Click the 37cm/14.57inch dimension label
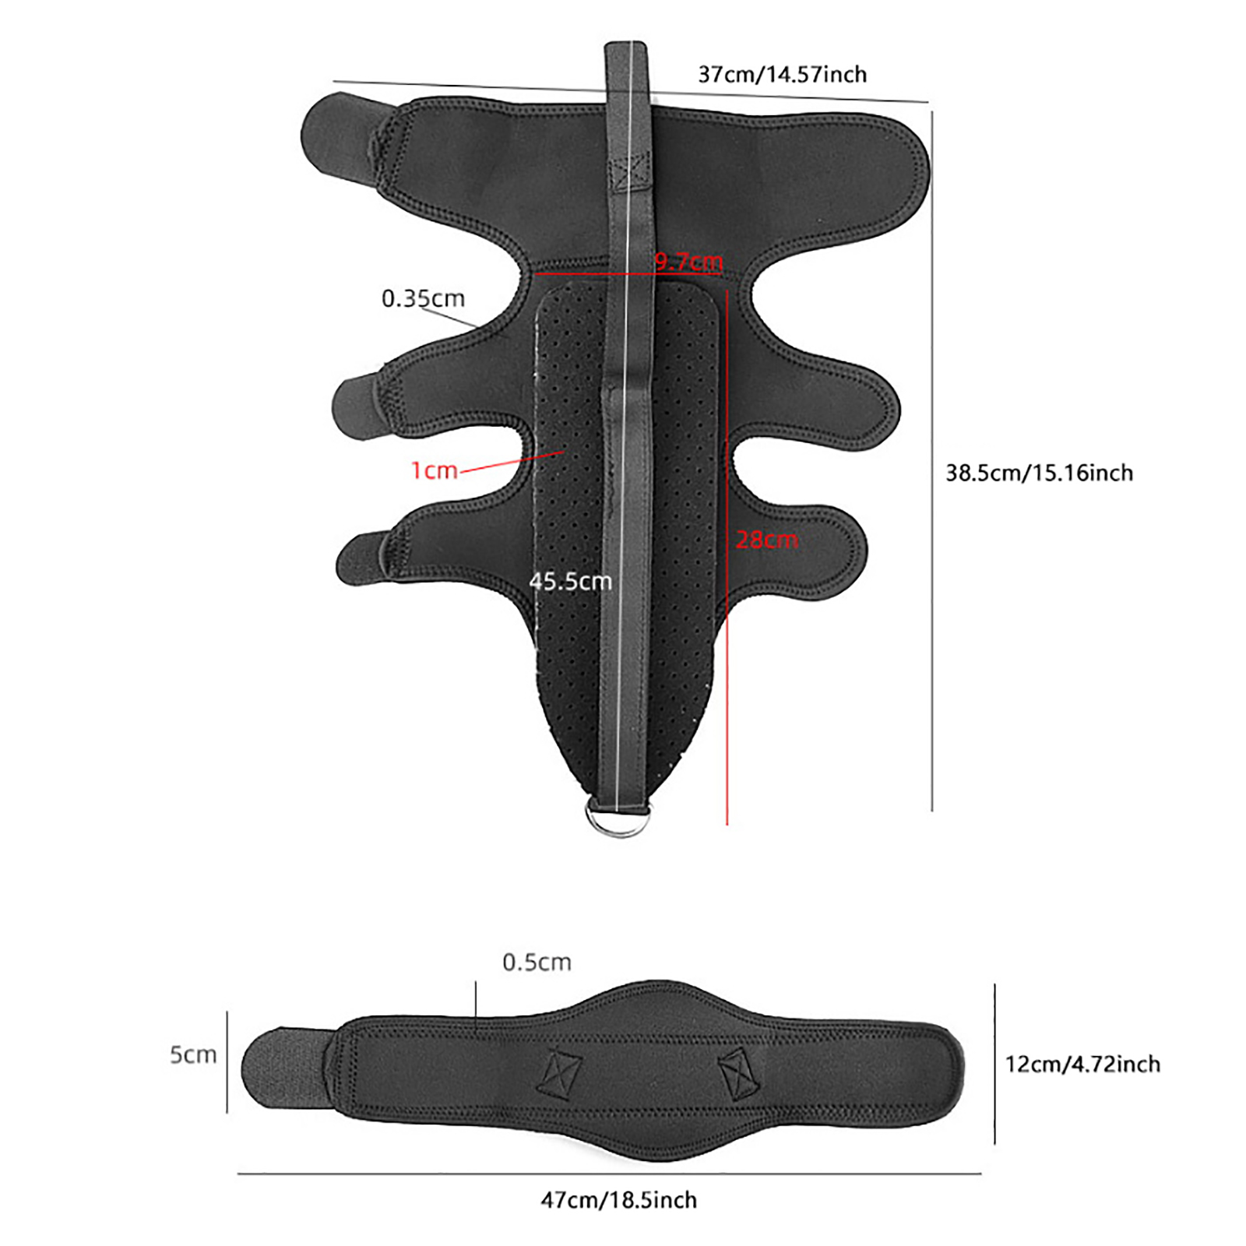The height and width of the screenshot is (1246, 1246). [x=782, y=75]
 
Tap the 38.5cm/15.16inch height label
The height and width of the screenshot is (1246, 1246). [x=1039, y=473]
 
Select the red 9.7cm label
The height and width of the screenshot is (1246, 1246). [x=688, y=261]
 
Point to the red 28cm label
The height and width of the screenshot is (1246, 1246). [x=767, y=539]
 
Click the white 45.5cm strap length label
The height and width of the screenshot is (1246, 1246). [x=570, y=581]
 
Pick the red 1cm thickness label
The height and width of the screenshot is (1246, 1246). [x=434, y=470]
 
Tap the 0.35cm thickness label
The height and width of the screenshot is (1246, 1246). [x=423, y=297]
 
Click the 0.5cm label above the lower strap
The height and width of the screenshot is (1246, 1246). [x=537, y=962]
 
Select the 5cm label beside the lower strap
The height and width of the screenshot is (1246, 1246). [x=193, y=1054]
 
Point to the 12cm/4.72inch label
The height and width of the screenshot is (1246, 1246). [x=1082, y=1064]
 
